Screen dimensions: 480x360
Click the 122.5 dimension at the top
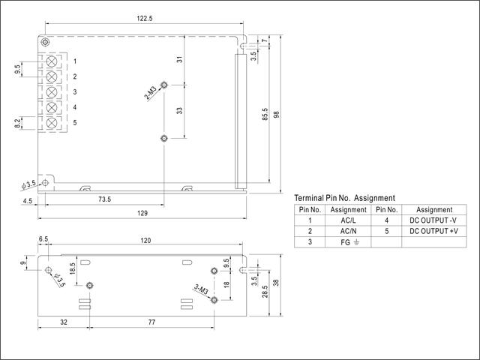tap(145, 18)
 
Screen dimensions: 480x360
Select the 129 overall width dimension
tap(142, 213)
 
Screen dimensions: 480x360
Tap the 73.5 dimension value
tap(105, 199)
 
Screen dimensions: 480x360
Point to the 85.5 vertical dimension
tap(265, 114)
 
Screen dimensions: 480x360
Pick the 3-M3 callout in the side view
tap(201, 289)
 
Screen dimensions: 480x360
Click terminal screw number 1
tap(52, 61)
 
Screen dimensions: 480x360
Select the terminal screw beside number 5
tap(52, 123)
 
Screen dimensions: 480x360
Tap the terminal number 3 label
tap(75, 91)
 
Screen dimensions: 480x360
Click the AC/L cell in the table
tap(348, 220)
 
